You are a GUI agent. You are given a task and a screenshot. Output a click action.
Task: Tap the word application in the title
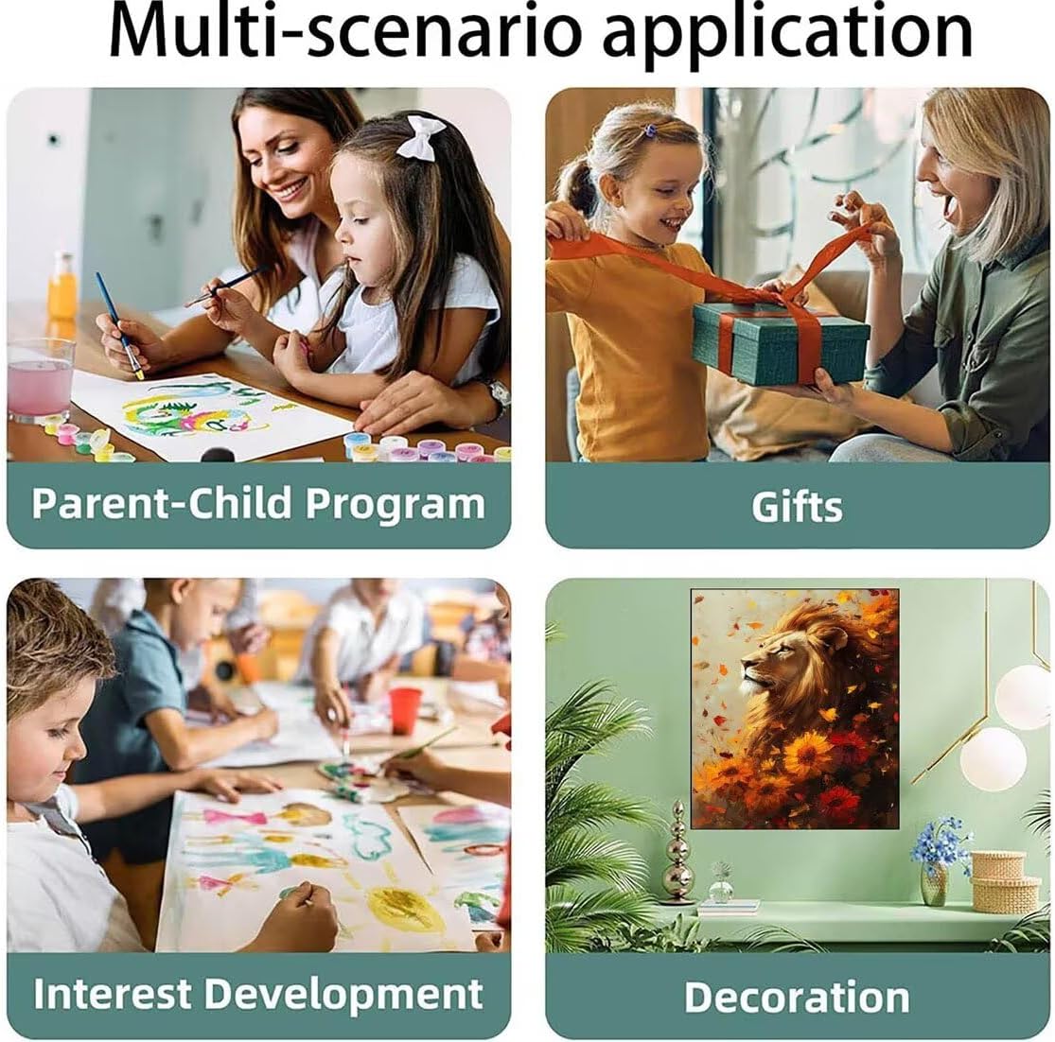click(787, 35)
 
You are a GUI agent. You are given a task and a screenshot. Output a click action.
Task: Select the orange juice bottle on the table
click(62, 287)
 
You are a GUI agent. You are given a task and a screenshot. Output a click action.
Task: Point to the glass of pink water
click(41, 380)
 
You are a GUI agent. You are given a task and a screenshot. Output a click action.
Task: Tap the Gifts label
click(797, 506)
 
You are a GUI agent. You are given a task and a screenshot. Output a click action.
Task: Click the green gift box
click(781, 343)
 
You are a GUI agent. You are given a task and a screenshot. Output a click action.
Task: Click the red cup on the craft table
click(405, 710)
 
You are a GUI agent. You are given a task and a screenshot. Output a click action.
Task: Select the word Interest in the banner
click(113, 994)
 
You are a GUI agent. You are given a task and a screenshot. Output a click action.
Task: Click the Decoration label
click(797, 997)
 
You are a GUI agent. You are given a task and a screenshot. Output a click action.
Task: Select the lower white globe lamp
click(993, 758)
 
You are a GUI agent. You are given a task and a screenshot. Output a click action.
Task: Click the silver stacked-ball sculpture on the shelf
click(677, 852)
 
